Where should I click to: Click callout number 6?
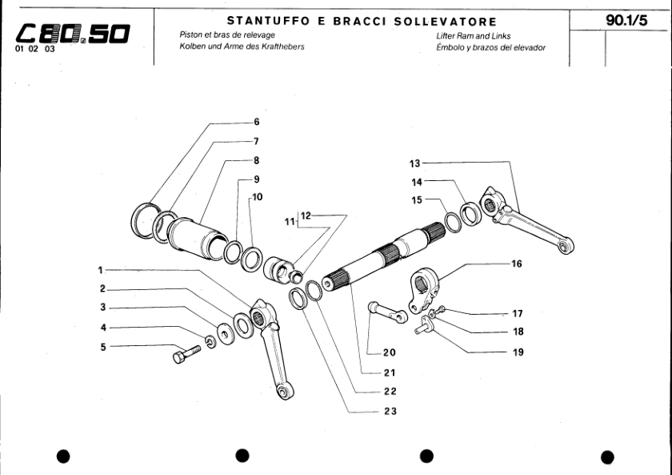(x=256, y=123)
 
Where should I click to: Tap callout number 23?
(x=390, y=411)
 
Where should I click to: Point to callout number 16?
(x=516, y=264)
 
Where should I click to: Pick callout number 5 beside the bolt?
(x=102, y=347)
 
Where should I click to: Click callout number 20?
(x=390, y=352)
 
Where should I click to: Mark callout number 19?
(x=517, y=352)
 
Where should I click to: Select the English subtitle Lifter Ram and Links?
(x=469, y=36)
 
